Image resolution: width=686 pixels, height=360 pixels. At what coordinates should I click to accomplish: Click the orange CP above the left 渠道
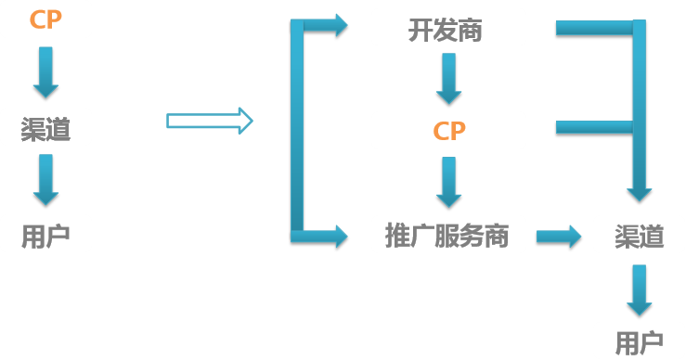[x=45, y=19]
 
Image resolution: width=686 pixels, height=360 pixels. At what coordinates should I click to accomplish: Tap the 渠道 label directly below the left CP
[x=45, y=129]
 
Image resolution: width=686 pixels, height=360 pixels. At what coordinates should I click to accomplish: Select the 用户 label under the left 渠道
[x=45, y=237]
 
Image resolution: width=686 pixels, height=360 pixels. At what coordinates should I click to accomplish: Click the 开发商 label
[x=446, y=30]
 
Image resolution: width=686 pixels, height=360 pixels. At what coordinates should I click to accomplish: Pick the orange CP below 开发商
[x=449, y=131]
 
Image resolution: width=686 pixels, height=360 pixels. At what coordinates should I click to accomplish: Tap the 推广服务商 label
[x=447, y=236]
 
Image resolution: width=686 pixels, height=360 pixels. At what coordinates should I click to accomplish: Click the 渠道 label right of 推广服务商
[x=640, y=237]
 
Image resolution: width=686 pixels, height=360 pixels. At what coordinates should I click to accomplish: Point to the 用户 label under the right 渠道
[x=640, y=341]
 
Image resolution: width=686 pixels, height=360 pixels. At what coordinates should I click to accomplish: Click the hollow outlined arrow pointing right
[x=210, y=121]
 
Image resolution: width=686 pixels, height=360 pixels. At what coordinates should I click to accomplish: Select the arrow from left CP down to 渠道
[x=45, y=72]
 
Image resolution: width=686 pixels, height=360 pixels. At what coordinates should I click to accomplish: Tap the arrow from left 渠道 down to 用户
[x=45, y=180]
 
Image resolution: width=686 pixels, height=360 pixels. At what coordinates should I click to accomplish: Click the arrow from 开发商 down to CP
[x=449, y=79]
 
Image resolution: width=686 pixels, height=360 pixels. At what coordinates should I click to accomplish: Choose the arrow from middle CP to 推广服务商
[x=449, y=183]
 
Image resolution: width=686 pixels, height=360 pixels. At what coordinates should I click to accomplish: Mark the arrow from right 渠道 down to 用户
[x=640, y=289]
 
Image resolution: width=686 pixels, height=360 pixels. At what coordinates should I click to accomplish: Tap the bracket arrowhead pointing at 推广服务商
[x=334, y=237]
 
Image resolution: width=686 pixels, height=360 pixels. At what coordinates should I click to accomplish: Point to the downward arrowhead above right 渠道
[x=640, y=192]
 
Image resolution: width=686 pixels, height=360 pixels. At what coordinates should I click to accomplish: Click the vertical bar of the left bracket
[x=297, y=130]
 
